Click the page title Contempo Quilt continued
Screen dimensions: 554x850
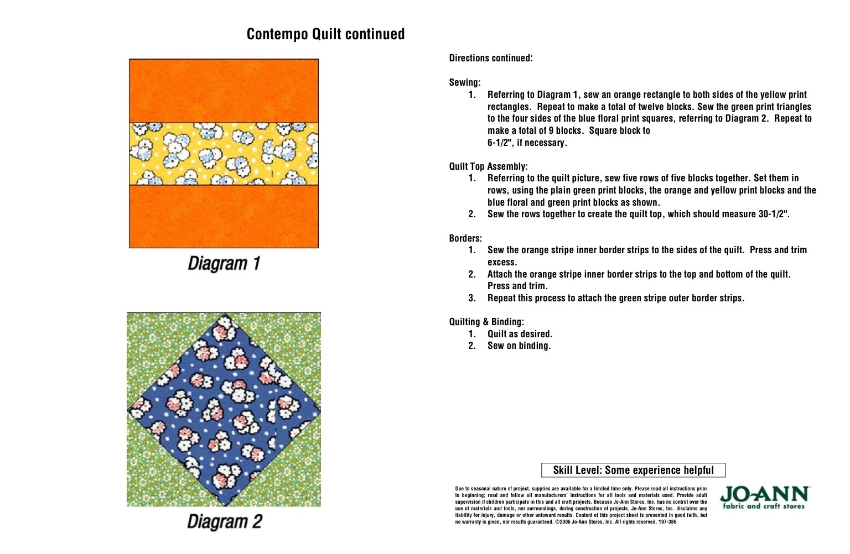[x=325, y=34]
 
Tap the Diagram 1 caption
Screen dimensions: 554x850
[x=224, y=263]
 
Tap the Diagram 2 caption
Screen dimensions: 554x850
[x=224, y=521]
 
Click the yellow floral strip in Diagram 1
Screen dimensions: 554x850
[x=224, y=154]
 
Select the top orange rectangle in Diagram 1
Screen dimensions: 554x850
[x=224, y=91]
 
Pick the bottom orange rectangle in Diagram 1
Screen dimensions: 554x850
[x=224, y=216]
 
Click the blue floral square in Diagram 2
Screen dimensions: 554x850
[x=224, y=410]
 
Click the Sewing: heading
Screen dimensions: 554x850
[x=465, y=82]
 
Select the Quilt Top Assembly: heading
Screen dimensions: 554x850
[x=488, y=166]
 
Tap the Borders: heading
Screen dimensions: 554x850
[x=465, y=238]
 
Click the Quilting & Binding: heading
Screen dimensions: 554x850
[x=486, y=322]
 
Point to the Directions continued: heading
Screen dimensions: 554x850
[x=491, y=58]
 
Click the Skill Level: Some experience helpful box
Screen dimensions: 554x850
[x=633, y=470]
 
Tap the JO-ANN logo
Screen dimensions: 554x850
[x=764, y=498]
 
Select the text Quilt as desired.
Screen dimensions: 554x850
[x=520, y=334]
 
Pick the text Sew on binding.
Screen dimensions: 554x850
[x=519, y=346]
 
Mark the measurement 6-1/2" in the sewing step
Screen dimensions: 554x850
[x=500, y=143]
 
